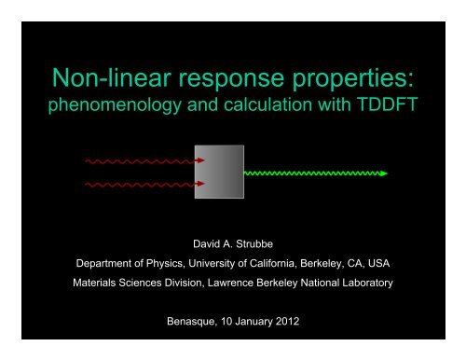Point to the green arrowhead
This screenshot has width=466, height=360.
384,173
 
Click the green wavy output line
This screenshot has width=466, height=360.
312,173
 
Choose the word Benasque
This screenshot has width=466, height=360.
195,325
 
